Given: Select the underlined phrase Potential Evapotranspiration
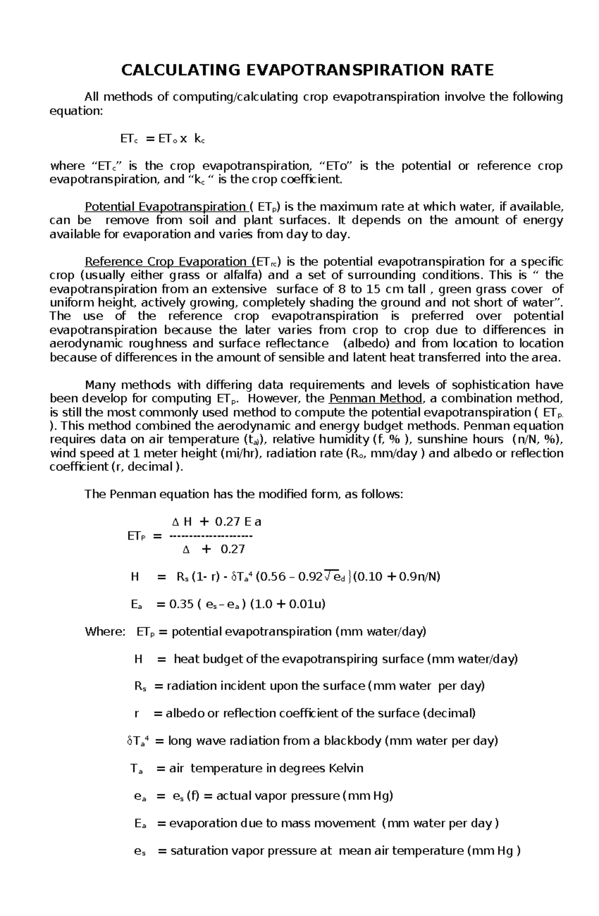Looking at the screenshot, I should point(165,207).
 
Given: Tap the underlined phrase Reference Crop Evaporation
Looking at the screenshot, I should point(165,262).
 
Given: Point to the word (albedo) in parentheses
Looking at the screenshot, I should point(367,343).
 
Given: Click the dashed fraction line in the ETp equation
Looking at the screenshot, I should point(211,536).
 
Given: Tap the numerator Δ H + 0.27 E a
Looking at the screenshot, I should point(216,522).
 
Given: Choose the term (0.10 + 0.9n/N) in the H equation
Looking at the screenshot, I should point(397,577).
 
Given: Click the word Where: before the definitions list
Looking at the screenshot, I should point(105,632).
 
